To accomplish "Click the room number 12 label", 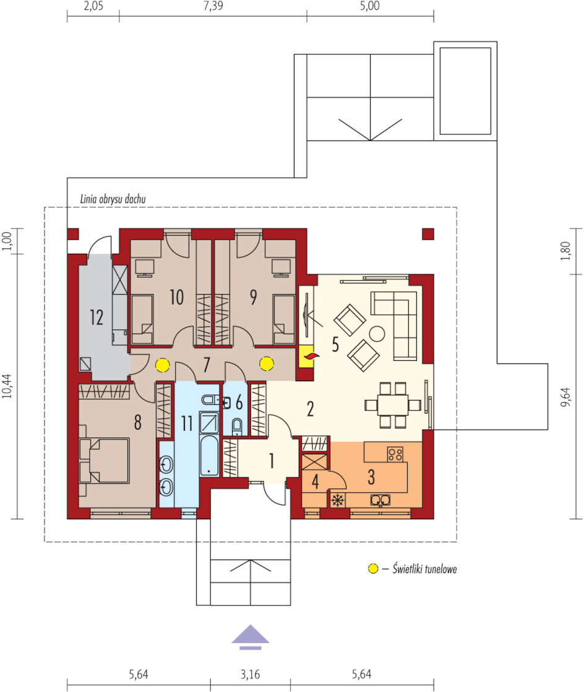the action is (97, 318).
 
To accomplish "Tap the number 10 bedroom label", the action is (176, 297).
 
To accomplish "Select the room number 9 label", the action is (253, 297).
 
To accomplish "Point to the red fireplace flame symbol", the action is (311, 356).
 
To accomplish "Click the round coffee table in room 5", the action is (377, 334).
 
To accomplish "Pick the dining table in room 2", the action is (393, 405).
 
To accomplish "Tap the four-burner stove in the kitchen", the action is (395, 454).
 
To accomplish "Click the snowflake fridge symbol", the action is (338, 500).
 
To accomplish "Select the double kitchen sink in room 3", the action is (380, 500).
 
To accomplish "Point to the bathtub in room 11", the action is (209, 456).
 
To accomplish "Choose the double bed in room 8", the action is (104, 461).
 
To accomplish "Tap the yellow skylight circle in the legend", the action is (373, 569).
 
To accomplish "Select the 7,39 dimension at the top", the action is (213, 6).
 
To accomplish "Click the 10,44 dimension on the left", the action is (7, 386).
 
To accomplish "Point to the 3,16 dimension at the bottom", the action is (250, 674).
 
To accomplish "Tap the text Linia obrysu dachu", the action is (113, 199).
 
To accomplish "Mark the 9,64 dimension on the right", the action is (565, 397).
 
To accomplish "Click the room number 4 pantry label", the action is (315, 482).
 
